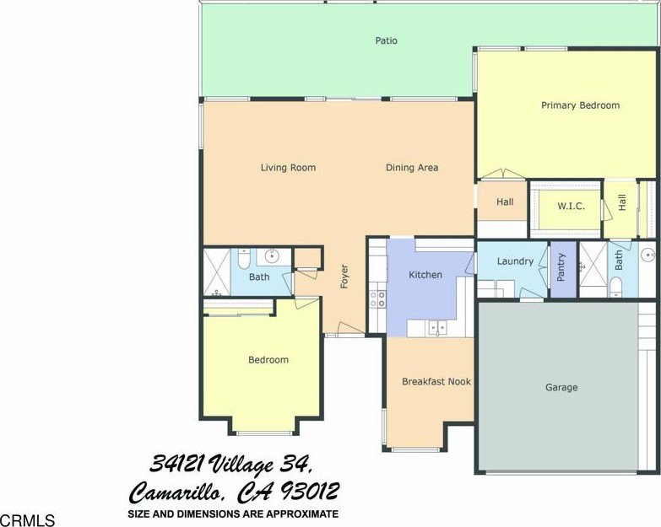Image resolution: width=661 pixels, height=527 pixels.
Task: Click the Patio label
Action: tap(386, 40)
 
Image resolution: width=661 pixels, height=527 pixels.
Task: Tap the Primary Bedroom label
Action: tap(581, 105)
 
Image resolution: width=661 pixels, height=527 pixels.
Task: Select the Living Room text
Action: tap(288, 168)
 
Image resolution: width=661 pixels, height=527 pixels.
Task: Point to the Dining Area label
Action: tap(412, 168)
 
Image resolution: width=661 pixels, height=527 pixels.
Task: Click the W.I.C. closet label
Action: tap(571, 207)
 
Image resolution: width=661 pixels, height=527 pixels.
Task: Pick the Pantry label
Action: tap(561, 266)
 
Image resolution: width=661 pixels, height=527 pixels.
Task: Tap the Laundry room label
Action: tap(515, 261)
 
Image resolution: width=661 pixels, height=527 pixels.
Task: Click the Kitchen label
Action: tap(425, 275)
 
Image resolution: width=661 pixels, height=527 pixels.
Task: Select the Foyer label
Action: tap(344, 276)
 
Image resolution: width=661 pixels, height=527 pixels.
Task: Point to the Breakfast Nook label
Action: tap(436, 382)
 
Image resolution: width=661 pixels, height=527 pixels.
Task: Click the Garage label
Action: tap(561, 387)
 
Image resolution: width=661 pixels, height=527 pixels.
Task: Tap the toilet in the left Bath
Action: tap(244, 258)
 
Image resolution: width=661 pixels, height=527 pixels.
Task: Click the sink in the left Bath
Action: tap(274, 255)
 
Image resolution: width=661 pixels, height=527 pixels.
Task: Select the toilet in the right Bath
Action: tap(616, 287)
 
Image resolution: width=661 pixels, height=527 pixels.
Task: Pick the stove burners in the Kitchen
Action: tap(377, 298)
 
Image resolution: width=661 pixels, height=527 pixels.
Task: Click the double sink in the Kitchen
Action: tap(438, 327)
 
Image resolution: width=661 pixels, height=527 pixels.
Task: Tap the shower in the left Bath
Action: tap(217, 272)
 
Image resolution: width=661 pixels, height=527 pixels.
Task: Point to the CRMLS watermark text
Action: tap(27, 520)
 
